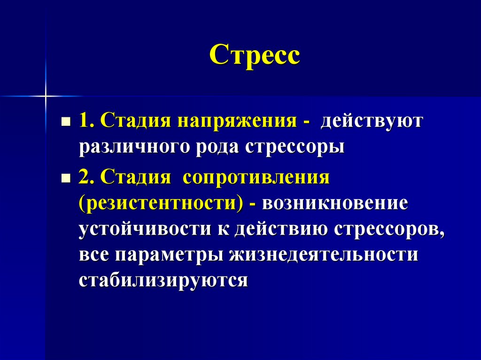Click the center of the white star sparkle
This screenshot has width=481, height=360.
pos(46,96)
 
